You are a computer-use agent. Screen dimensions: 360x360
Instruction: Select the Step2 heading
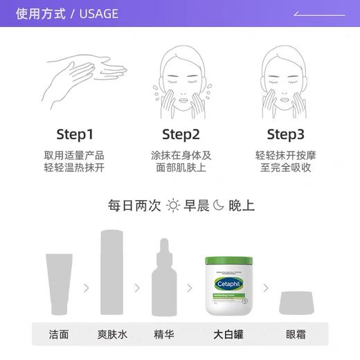pyautogui.click(x=181, y=134)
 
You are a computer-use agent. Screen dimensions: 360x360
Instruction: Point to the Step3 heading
pyautogui.click(x=285, y=134)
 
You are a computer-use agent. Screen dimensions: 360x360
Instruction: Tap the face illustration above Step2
pyautogui.click(x=181, y=76)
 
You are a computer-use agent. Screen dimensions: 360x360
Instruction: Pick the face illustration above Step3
pyautogui.click(x=285, y=76)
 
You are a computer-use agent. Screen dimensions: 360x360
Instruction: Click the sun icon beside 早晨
pyautogui.click(x=172, y=205)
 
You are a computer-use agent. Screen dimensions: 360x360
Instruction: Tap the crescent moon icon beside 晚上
pyautogui.click(x=218, y=205)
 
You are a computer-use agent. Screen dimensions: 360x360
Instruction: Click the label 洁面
pyautogui.click(x=59, y=334)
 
